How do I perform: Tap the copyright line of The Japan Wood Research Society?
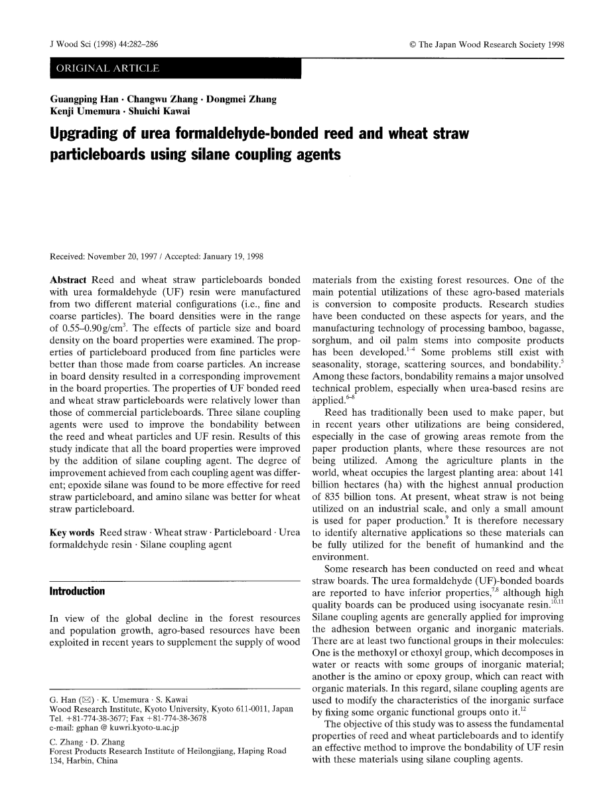coord(487,45)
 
